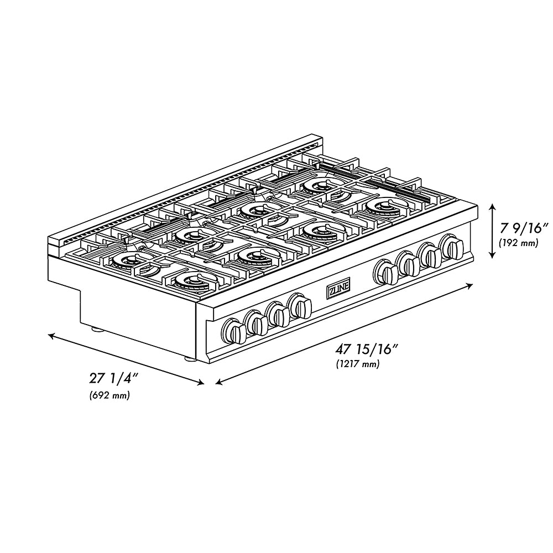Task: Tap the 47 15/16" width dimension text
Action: (367, 349)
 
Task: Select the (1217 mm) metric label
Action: (357, 364)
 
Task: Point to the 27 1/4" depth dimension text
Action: (113, 379)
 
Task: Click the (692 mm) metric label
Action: (109, 395)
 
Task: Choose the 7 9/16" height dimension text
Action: (522, 227)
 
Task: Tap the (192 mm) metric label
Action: (518, 242)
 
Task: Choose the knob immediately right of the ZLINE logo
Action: (386, 272)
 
